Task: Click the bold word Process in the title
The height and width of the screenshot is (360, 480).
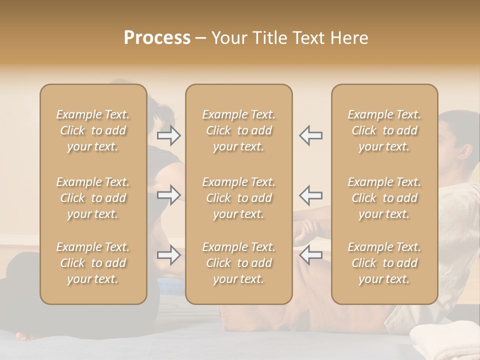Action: (157, 38)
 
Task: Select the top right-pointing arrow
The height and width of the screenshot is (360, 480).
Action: (169, 135)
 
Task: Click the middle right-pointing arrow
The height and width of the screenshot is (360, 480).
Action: (169, 194)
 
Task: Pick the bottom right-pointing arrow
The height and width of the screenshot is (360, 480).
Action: (169, 255)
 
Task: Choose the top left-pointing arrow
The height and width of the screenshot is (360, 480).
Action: (311, 135)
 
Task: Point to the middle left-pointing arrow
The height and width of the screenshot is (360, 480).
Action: (311, 194)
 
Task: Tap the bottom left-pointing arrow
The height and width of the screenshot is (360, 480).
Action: (311, 255)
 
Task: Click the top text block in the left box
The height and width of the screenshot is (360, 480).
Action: (93, 130)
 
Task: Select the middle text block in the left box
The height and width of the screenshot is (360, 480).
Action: (93, 198)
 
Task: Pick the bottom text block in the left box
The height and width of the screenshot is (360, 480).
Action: (93, 263)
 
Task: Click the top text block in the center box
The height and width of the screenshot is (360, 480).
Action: (239, 130)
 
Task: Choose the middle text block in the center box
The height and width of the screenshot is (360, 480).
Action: (239, 198)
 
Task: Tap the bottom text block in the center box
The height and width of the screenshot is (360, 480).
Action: (239, 263)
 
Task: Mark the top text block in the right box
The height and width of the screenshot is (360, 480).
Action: (384, 130)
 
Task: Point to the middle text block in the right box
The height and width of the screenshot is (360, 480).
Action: (384, 198)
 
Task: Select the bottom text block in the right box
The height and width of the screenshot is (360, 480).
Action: (384, 263)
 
